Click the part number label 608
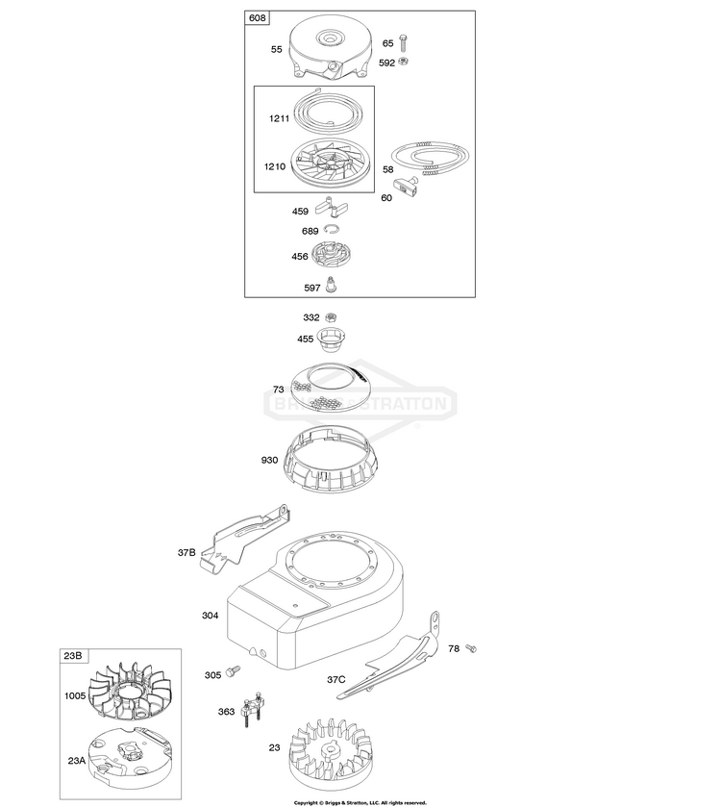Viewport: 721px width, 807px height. (258, 19)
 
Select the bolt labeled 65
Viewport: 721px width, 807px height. (405, 43)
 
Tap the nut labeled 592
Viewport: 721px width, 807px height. (405, 63)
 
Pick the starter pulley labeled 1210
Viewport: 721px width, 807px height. (331, 164)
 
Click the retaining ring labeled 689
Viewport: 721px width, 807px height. (333, 229)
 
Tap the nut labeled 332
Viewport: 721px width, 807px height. (333, 317)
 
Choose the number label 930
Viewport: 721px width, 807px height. (268, 460)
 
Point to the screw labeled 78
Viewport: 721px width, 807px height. (471, 649)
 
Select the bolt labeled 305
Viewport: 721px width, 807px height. (234, 675)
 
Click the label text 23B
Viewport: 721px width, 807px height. (73, 657)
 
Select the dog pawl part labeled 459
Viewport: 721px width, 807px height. (333, 209)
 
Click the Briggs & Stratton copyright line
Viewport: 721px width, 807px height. (360, 801)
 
